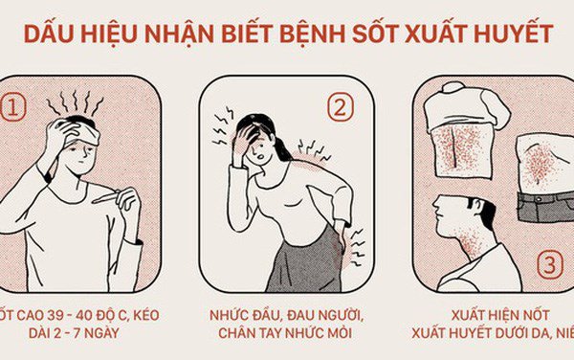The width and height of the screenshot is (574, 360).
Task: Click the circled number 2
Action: [339, 107]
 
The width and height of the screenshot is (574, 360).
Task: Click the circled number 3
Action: [549, 262]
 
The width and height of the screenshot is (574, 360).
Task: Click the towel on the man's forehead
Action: [86, 136]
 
